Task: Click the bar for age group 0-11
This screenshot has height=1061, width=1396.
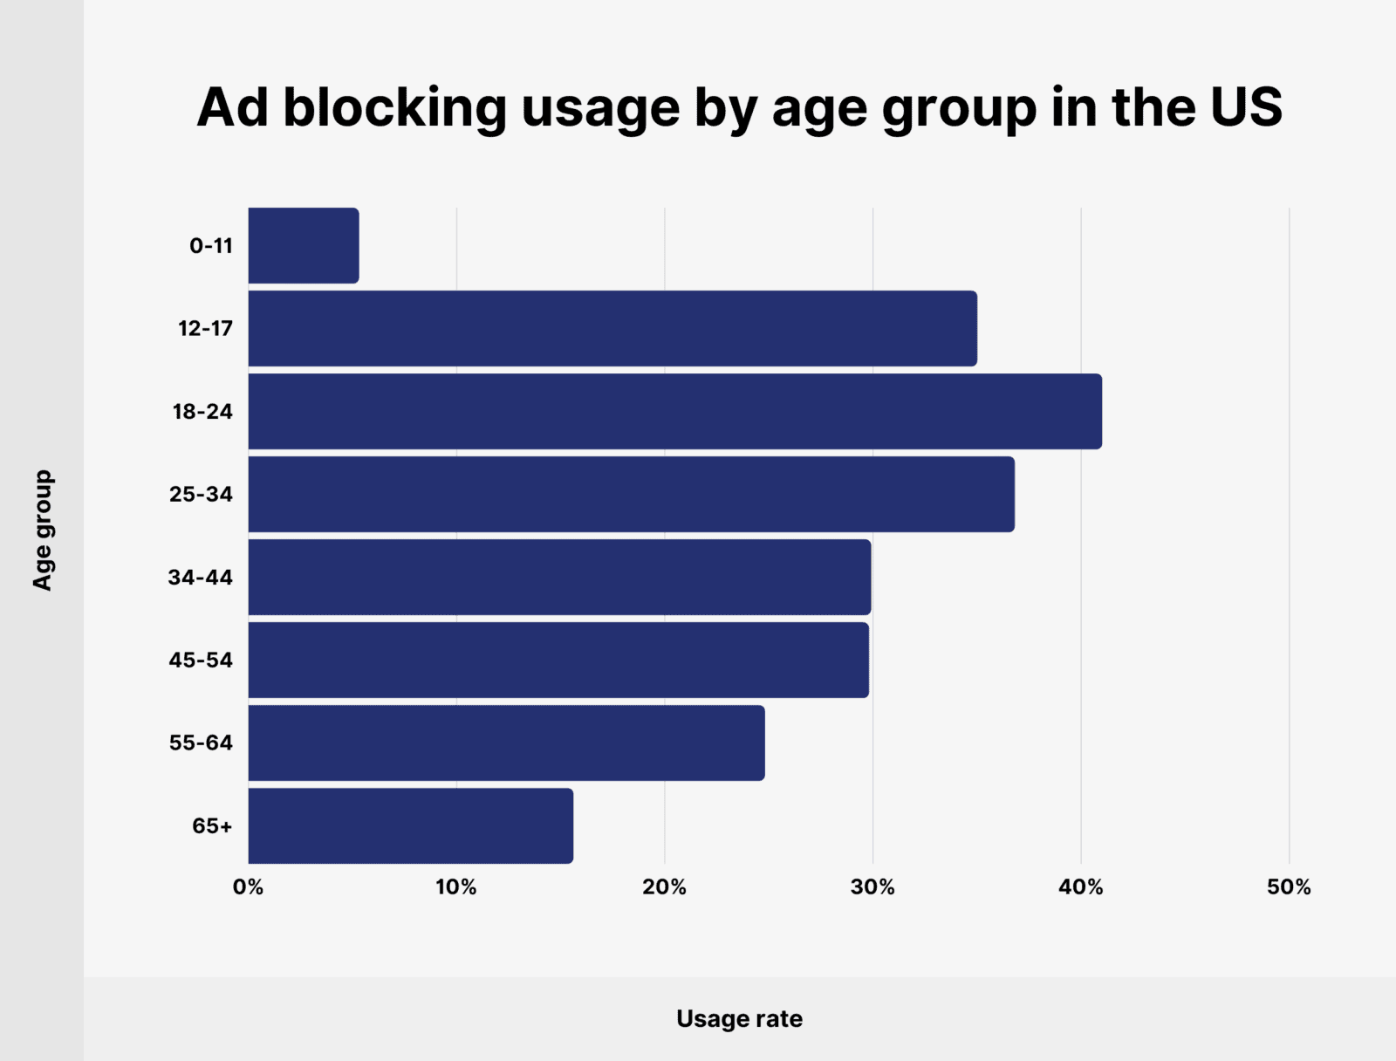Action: tap(303, 246)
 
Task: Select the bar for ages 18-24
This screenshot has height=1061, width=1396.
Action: tap(674, 412)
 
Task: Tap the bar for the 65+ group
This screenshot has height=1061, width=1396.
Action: tap(410, 826)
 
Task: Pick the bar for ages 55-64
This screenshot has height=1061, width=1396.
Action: tap(506, 743)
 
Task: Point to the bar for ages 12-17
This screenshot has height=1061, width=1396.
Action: tap(612, 329)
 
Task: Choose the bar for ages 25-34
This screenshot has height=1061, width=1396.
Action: tap(631, 495)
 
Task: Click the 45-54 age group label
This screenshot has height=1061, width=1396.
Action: tap(201, 661)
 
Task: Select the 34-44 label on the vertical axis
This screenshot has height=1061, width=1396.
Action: tap(201, 578)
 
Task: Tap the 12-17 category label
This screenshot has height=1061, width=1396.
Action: tap(205, 329)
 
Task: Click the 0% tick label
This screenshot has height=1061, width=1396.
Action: tap(248, 887)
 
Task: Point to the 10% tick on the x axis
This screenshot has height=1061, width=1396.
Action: tap(456, 887)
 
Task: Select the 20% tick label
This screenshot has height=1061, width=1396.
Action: tap(664, 887)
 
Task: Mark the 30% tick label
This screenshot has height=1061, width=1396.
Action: tap(872, 887)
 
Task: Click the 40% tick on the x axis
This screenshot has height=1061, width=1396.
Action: tap(1081, 887)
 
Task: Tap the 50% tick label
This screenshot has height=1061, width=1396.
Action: tap(1289, 887)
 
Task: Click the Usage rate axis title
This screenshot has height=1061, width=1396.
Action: tap(739, 1019)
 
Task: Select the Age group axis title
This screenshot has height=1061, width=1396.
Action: tap(43, 530)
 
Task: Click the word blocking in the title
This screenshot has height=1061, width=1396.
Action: tap(394, 108)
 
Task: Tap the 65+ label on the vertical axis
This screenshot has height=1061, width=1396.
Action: tap(212, 826)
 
